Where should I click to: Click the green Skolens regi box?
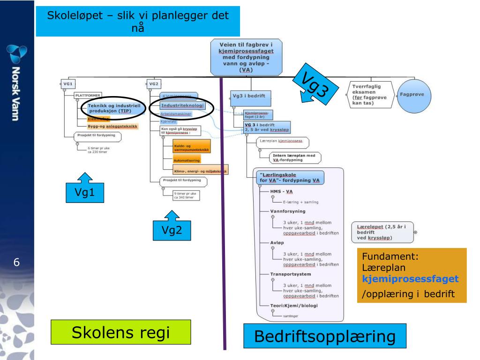120,333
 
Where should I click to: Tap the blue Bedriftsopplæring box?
324,337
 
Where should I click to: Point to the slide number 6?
16,262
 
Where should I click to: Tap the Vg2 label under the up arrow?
173,231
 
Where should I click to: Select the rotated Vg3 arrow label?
314,85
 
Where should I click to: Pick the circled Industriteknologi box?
182,106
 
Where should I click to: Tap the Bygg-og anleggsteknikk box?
112,127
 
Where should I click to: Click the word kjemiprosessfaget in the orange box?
410,279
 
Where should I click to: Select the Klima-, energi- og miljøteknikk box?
194,172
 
